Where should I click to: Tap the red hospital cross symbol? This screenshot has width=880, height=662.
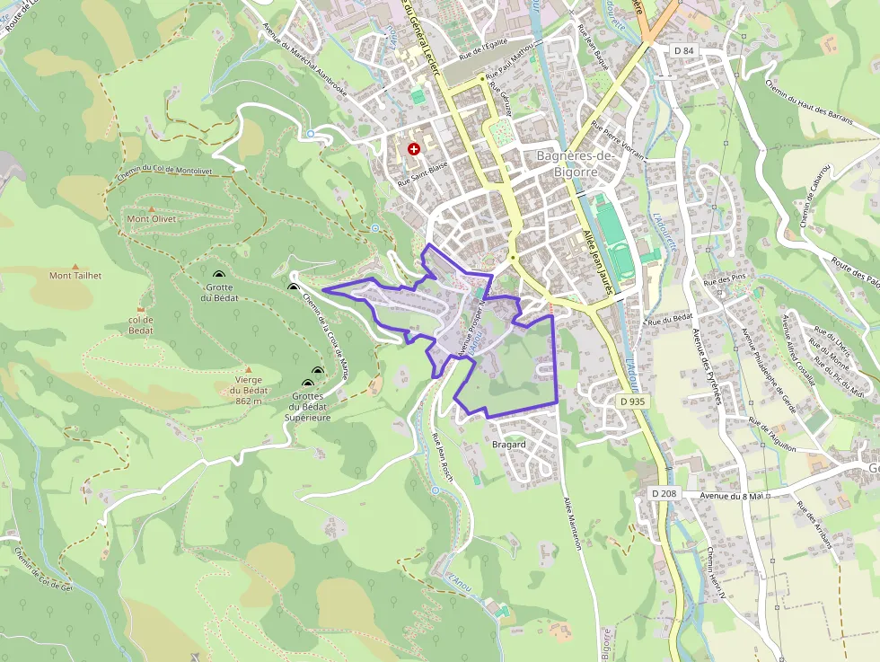(413, 149)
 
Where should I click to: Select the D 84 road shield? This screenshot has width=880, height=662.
(684, 51)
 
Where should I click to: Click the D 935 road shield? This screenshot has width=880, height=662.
(632, 402)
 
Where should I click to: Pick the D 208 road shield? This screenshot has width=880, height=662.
(664, 493)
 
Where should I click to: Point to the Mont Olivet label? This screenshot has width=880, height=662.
(152, 218)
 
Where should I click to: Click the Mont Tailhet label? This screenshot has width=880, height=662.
(75, 276)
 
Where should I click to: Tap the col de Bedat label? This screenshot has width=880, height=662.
(141, 325)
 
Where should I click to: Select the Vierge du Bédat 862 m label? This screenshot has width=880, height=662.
(242, 390)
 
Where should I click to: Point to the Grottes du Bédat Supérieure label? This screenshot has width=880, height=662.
(308, 407)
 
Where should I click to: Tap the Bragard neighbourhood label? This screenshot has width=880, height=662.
(509, 445)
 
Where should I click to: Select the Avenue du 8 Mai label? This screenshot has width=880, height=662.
(731, 496)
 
